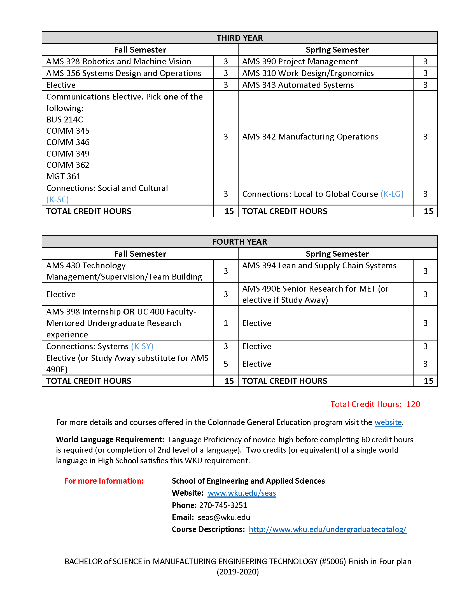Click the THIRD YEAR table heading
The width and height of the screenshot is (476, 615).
pos(239,38)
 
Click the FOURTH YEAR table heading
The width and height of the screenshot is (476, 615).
pos(239,242)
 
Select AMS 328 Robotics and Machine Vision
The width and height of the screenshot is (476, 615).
pos(118,61)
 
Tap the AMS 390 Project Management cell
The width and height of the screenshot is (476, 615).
pos(300,61)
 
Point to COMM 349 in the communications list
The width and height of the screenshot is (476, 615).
pos(68,153)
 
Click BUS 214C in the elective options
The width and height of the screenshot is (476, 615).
pos(65,119)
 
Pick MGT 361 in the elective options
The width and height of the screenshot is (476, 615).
pos(64,176)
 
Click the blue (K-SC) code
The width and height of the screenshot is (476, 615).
pos(57,199)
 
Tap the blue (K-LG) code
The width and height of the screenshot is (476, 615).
pos(392,194)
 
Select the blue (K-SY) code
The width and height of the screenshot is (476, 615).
pos(142,346)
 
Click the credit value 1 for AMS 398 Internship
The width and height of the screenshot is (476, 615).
pos(226,323)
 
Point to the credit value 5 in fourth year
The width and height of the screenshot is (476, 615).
pos(226,364)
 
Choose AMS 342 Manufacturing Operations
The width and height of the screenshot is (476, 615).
pos(310,137)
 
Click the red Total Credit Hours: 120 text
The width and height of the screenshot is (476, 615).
pos(375,404)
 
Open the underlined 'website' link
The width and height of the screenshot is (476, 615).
pos(388,422)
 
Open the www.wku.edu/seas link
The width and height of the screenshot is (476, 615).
pos(242,493)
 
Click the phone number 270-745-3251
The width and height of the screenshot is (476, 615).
pos(223,505)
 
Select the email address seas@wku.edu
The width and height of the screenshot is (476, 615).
pos(224,517)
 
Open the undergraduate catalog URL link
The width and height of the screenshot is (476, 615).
pos(327,529)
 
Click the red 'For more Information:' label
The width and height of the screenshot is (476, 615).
pos(104,481)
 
